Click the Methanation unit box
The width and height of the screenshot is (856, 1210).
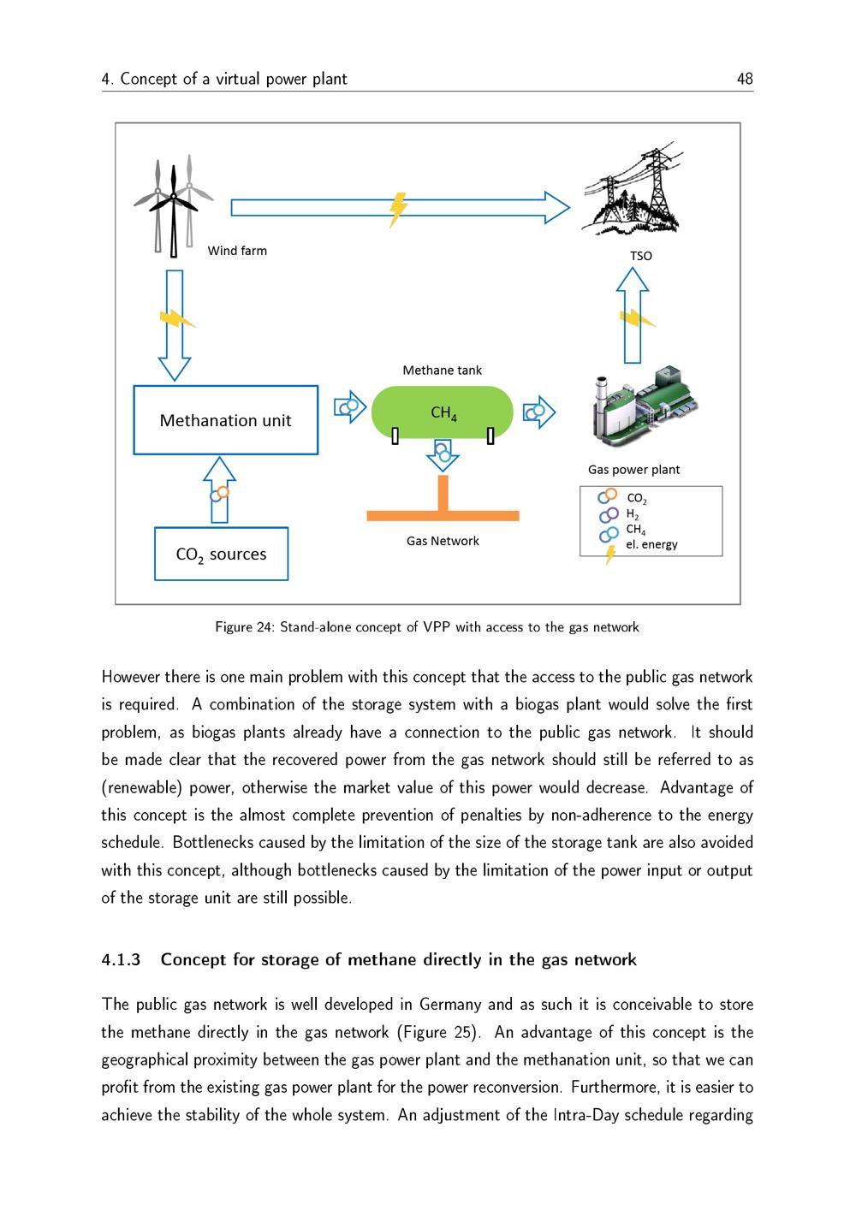click(225, 420)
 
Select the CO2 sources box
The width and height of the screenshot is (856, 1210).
click(221, 555)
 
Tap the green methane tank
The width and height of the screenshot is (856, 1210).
click(442, 412)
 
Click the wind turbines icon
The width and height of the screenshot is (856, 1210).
click(173, 205)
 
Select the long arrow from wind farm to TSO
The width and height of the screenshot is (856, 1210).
click(400, 207)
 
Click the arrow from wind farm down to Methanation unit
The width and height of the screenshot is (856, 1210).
click(175, 325)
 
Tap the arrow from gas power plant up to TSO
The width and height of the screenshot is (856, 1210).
click(633, 317)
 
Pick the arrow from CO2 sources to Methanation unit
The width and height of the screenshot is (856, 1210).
click(220, 489)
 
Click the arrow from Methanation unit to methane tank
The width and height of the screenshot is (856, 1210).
click(349, 407)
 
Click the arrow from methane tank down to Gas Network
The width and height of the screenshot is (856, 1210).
click(443, 455)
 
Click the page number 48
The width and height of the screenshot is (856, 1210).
click(744, 79)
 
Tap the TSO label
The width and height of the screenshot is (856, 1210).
click(640, 256)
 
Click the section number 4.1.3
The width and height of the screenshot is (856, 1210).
click(120, 959)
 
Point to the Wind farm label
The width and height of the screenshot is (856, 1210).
click(237, 251)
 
